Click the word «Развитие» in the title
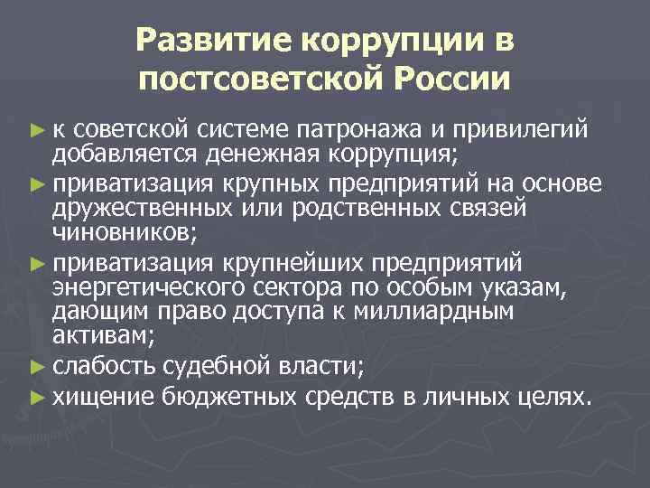pos(213,41)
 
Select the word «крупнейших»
pos(290,262)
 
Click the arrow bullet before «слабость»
pos(36,366)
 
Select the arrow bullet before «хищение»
pos(36,396)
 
